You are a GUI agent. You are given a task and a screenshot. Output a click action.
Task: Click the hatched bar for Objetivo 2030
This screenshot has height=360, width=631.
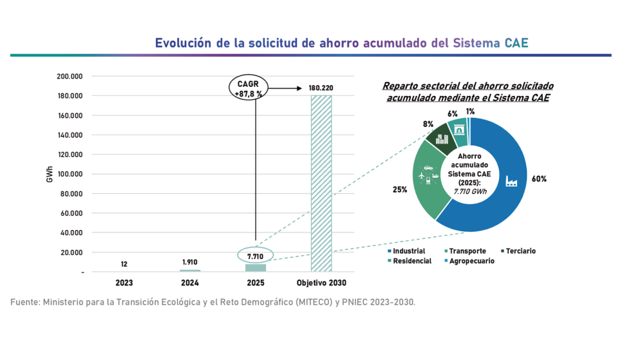321,184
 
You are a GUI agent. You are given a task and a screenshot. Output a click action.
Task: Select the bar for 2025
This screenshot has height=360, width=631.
256,268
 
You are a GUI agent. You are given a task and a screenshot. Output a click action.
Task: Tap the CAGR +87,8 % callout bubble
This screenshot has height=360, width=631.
249,89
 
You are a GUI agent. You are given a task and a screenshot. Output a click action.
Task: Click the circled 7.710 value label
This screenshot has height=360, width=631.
256,256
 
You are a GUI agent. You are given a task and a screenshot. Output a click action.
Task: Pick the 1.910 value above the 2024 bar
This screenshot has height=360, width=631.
190,262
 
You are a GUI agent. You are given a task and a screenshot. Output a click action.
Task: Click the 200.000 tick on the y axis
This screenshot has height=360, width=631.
70,77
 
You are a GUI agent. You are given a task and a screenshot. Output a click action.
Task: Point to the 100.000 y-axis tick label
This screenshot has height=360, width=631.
70,175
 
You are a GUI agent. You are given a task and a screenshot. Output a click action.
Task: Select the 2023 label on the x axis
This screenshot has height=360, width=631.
124,283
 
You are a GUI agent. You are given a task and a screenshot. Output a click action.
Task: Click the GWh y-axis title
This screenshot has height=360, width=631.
50,175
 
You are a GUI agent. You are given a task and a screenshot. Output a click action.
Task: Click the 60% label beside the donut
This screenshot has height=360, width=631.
539,179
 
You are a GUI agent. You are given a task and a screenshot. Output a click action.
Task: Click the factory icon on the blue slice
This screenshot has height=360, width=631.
511,181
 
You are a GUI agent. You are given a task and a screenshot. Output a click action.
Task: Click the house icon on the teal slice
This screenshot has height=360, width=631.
459,130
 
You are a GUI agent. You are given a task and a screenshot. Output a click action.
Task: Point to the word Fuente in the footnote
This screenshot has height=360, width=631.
24,301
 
